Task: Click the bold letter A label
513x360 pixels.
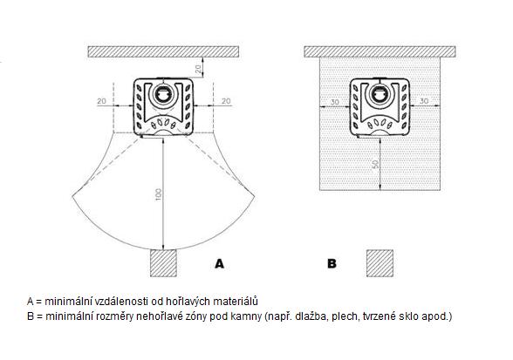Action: (220, 263)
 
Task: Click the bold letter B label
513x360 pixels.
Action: (332, 263)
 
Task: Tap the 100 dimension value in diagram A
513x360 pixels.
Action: (159, 194)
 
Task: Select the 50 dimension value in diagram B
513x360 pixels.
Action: (376, 164)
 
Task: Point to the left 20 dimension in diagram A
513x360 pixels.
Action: (101, 101)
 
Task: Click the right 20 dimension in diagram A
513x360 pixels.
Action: (226, 101)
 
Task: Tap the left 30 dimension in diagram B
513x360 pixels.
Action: (334, 102)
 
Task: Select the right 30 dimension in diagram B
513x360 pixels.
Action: (424, 101)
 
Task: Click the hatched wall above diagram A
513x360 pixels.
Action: (163, 51)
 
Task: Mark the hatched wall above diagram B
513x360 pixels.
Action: (380, 51)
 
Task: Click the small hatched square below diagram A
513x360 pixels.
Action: (163, 263)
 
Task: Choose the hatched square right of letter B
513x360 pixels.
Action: (380, 263)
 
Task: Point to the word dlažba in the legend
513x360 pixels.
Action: (312, 316)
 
